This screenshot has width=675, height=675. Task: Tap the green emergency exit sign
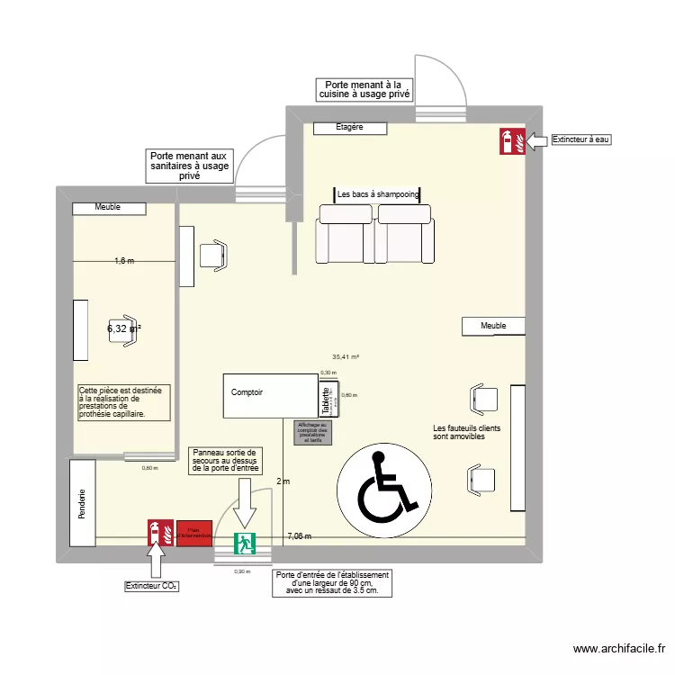244,544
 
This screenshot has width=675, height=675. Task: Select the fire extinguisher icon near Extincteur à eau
510,140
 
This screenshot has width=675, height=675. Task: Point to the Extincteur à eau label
580,140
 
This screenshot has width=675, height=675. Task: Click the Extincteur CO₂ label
151,587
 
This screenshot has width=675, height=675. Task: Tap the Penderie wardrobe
82,503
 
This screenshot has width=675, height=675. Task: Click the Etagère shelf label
349,128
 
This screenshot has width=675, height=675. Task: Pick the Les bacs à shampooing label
378,194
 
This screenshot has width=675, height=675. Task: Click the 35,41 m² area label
346,356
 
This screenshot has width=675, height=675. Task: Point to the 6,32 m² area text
124,329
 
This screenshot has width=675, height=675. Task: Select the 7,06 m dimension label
299,536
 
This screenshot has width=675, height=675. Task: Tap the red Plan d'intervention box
193,533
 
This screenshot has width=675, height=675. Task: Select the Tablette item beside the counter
327,399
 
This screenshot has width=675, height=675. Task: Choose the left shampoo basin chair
344,234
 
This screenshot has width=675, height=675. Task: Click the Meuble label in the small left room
108,208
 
